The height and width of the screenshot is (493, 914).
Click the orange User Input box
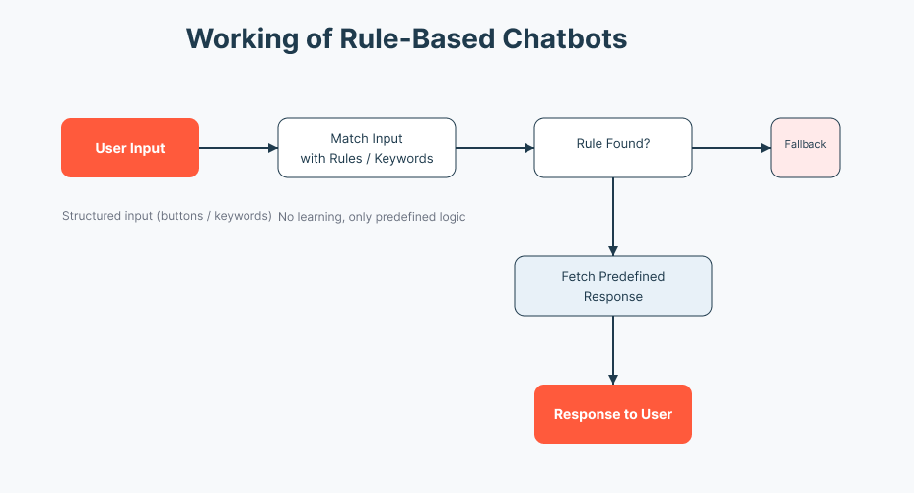[x=130, y=148]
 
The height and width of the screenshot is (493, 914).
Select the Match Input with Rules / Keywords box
[x=367, y=148]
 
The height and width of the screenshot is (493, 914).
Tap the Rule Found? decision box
[x=613, y=148]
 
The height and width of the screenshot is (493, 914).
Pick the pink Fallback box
[x=806, y=148]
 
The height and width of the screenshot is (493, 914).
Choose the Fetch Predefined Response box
[x=613, y=286]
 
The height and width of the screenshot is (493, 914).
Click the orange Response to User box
[x=613, y=414]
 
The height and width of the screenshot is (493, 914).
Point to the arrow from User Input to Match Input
[x=239, y=148]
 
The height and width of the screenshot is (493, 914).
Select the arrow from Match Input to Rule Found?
[x=495, y=148]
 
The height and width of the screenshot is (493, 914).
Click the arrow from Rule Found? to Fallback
[x=732, y=148]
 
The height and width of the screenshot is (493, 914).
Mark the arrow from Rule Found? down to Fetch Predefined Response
[x=613, y=217]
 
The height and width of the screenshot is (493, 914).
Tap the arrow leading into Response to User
[x=613, y=350]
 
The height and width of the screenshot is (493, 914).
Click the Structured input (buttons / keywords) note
[x=167, y=216]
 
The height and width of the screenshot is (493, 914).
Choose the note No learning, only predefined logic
[x=372, y=216]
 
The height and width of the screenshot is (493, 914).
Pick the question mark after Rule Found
[x=647, y=144]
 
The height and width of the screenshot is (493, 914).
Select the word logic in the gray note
[x=451, y=216]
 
